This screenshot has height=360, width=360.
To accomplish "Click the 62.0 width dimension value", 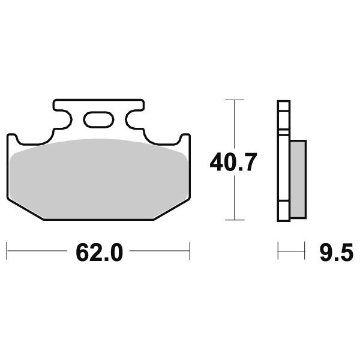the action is click(99, 253).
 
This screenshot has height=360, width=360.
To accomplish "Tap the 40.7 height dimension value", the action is click(233, 163).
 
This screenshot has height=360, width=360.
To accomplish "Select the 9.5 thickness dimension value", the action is click(337, 253).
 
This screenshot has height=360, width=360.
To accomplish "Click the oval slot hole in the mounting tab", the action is click(99, 119).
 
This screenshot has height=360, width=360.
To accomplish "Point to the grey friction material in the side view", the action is click(298, 179).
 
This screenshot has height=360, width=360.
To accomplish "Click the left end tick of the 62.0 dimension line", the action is click(7, 251).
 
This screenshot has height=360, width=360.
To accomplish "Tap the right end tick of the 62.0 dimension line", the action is click(190, 251).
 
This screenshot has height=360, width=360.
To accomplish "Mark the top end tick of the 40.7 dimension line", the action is click(235, 100).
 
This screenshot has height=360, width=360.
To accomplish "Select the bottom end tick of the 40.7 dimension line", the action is click(235, 220).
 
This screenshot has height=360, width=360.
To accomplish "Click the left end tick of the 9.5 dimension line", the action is click(278, 251).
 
